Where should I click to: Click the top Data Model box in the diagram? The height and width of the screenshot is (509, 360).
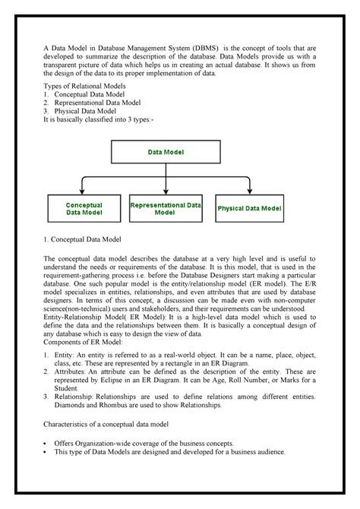(x=166, y=152)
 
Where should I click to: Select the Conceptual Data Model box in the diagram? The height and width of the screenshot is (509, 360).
(x=84, y=209)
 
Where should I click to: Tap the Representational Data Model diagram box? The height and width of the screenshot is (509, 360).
(x=166, y=209)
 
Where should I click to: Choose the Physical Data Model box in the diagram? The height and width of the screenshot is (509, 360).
(x=249, y=208)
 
